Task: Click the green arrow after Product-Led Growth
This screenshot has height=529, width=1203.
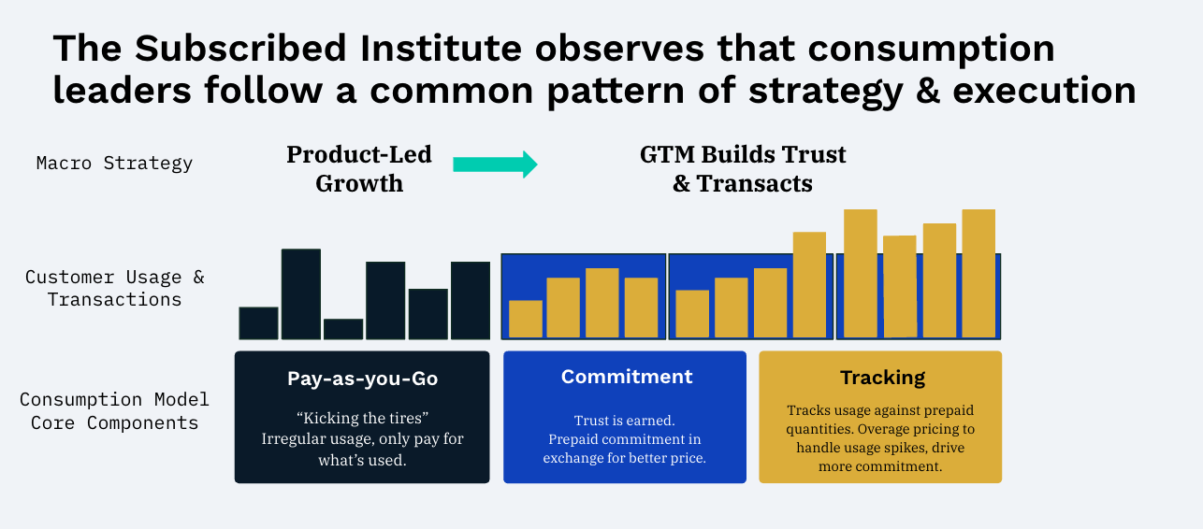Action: pos(495,164)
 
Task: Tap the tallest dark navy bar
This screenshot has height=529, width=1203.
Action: pos(301,294)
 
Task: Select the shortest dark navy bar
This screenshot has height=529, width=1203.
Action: pos(343,329)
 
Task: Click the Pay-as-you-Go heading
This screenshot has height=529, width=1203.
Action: pos(363,379)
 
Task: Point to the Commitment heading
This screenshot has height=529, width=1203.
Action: pos(627,377)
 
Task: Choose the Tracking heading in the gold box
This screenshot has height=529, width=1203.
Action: pos(882,378)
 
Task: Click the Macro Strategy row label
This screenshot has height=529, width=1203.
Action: pos(114,164)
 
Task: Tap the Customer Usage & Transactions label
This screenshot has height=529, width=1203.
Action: pos(114,288)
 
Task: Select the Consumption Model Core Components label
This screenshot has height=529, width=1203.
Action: pos(114,411)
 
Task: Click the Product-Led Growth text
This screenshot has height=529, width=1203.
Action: pos(359,168)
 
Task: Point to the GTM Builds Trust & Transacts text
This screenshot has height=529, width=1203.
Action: pos(743,168)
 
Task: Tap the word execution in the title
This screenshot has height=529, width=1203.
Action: pos(1045,90)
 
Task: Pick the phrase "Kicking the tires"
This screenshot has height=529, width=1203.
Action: pos(363,418)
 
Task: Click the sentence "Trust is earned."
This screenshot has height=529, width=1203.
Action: pos(625,420)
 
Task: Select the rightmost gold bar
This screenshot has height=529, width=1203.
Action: pos(978,274)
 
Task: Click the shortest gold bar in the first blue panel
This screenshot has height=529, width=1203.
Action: pos(525,320)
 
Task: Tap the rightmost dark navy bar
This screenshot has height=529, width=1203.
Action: pos(471,300)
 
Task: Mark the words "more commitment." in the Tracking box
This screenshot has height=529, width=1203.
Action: pos(880,466)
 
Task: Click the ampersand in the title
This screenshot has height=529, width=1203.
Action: pos(928,90)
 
